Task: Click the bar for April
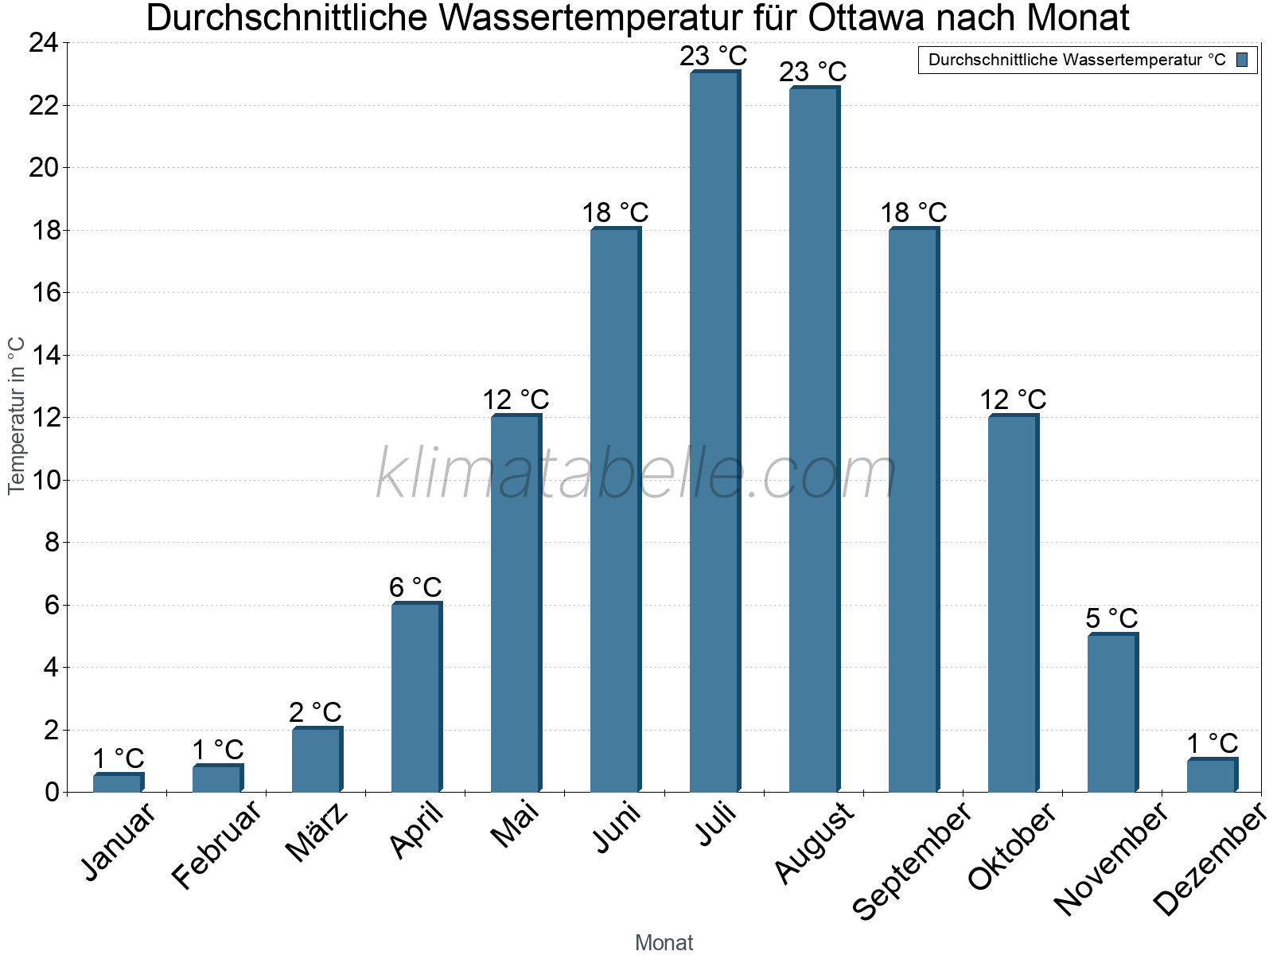[415, 697]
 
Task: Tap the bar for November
[1111, 713]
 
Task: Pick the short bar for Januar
[117, 783]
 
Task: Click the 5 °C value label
[1111, 618]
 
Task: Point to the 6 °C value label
[415, 587]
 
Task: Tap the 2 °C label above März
[315, 712]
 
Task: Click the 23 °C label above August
[812, 72]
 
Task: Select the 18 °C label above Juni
[615, 213]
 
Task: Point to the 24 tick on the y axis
[44, 43]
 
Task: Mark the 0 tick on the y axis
[52, 792]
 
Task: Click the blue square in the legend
[1242, 60]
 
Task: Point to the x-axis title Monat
[664, 943]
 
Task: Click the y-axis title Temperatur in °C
[17, 415]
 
